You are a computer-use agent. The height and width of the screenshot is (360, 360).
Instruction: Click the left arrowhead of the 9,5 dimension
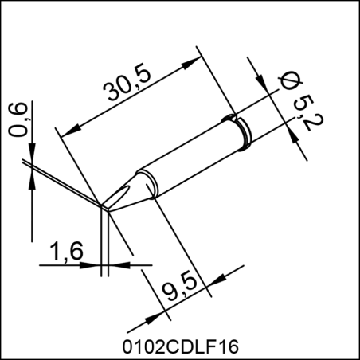(x=147, y=316)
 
